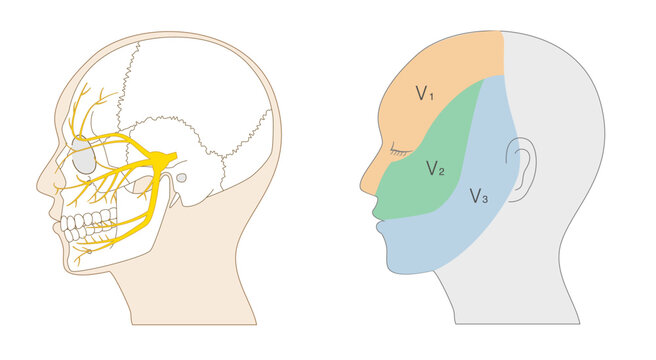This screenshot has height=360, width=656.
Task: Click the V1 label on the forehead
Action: point(424,93)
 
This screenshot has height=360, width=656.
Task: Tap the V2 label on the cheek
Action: point(435,168)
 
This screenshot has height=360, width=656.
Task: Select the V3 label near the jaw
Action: point(479,196)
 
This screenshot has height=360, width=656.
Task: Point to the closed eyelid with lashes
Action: point(400,152)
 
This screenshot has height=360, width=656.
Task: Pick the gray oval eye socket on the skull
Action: point(84,155)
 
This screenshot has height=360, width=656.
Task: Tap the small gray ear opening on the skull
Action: point(181,178)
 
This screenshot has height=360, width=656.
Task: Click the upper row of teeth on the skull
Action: point(89,219)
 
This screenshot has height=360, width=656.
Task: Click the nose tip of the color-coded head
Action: point(362,185)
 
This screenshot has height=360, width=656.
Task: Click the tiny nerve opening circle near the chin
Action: point(89,252)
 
